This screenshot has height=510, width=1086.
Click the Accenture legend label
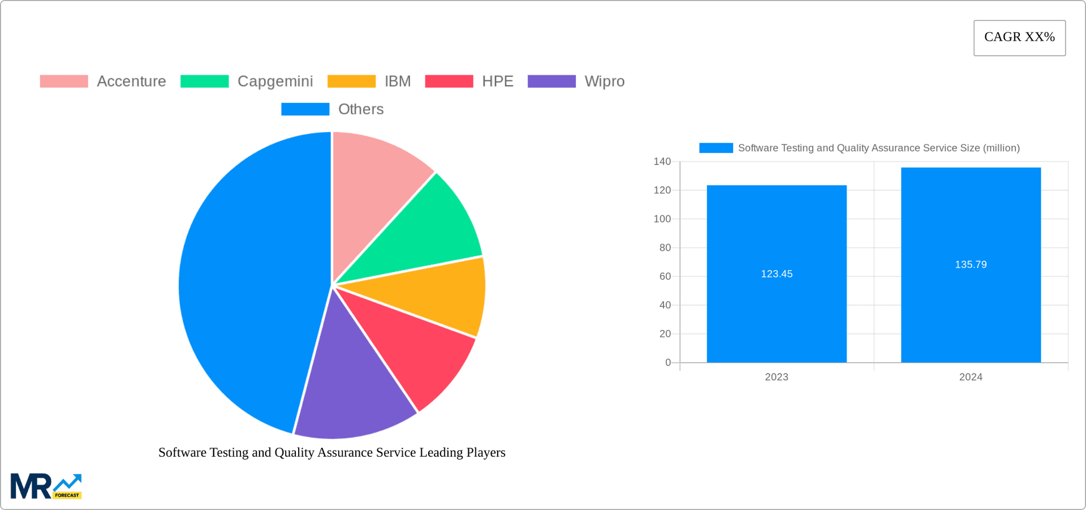(131, 82)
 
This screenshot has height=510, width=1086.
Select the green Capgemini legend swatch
(204, 82)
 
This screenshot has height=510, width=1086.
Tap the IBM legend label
(398, 82)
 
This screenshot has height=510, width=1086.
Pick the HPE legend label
(498, 82)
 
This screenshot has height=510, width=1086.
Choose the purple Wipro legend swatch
(551, 82)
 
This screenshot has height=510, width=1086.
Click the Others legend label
(361, 109)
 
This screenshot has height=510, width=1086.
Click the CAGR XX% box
(1019, 38)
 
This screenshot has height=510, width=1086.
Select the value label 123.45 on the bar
(777, 274)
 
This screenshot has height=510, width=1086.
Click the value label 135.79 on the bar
(971, 265)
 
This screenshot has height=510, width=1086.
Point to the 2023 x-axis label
(777, 377)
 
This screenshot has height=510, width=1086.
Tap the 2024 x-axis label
(971, 377)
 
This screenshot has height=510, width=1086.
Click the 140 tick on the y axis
(662, 162)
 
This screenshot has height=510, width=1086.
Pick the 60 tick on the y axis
(665, 276)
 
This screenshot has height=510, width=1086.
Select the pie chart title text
(331, 453)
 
